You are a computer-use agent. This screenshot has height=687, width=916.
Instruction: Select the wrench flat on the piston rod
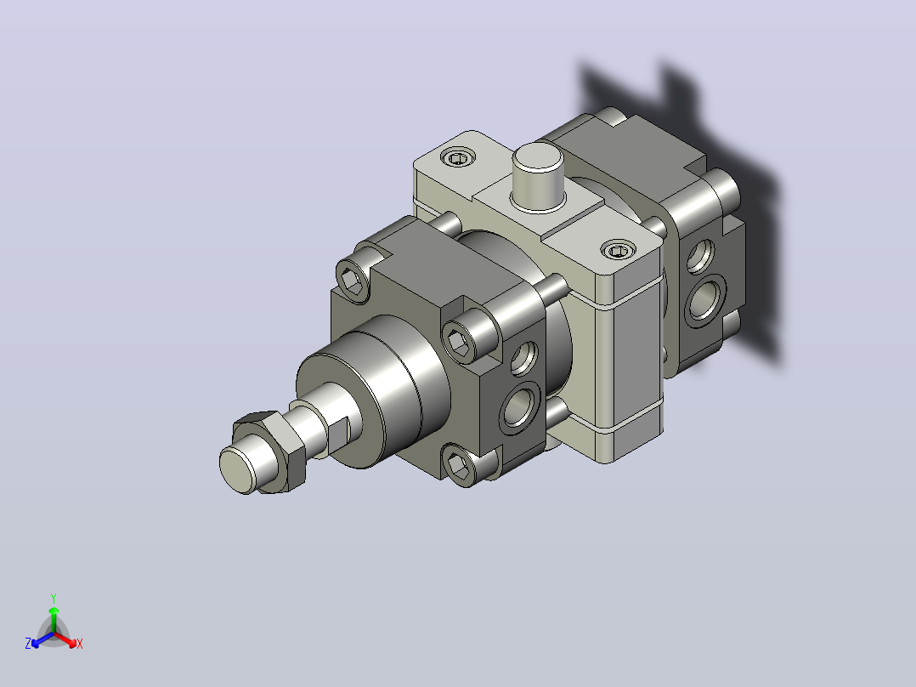pos(337,434)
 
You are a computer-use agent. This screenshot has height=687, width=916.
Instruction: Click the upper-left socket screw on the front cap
pos(353,281)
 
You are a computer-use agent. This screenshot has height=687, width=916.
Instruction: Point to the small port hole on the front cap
pos(524,356)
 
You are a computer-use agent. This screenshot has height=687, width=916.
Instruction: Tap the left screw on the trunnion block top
pos(457,157)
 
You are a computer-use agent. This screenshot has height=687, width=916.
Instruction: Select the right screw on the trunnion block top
pos(618,250)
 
